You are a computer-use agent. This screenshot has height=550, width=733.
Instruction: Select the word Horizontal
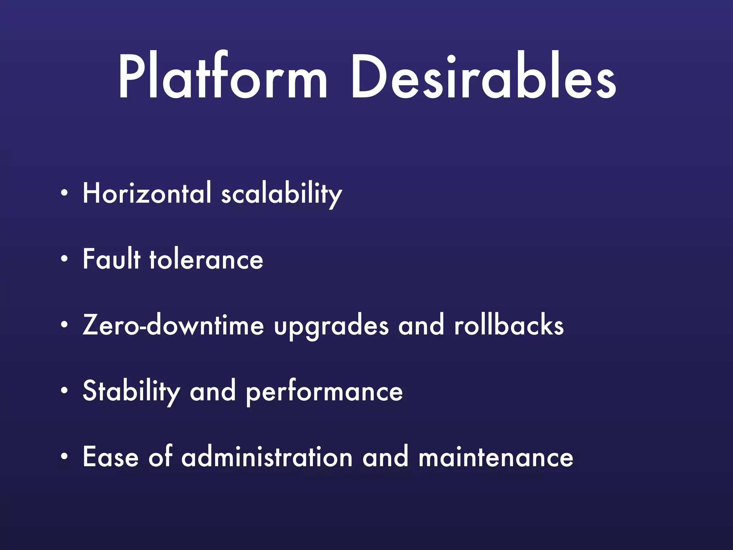point(147,193)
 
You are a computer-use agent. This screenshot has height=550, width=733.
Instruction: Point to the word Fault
point(111,259)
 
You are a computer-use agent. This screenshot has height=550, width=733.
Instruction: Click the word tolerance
point(206,260)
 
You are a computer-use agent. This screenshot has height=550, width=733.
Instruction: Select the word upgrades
point(331,327)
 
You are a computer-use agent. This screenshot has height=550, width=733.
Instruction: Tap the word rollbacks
point(509,325)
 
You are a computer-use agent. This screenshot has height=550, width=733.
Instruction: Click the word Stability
point(131,392)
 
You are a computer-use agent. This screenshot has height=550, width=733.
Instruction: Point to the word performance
point(324,392)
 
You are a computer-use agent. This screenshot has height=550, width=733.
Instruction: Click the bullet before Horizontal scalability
point(64,194)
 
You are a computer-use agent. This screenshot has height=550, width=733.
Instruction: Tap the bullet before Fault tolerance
point(64,260)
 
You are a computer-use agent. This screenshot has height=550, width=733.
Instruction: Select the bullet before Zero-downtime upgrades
point(64,325)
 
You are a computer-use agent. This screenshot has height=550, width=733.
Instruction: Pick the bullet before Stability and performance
point(64,391)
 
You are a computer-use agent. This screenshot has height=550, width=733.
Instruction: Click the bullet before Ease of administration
point(64,457)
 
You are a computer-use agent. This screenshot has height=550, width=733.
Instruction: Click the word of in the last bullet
point(160,457)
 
